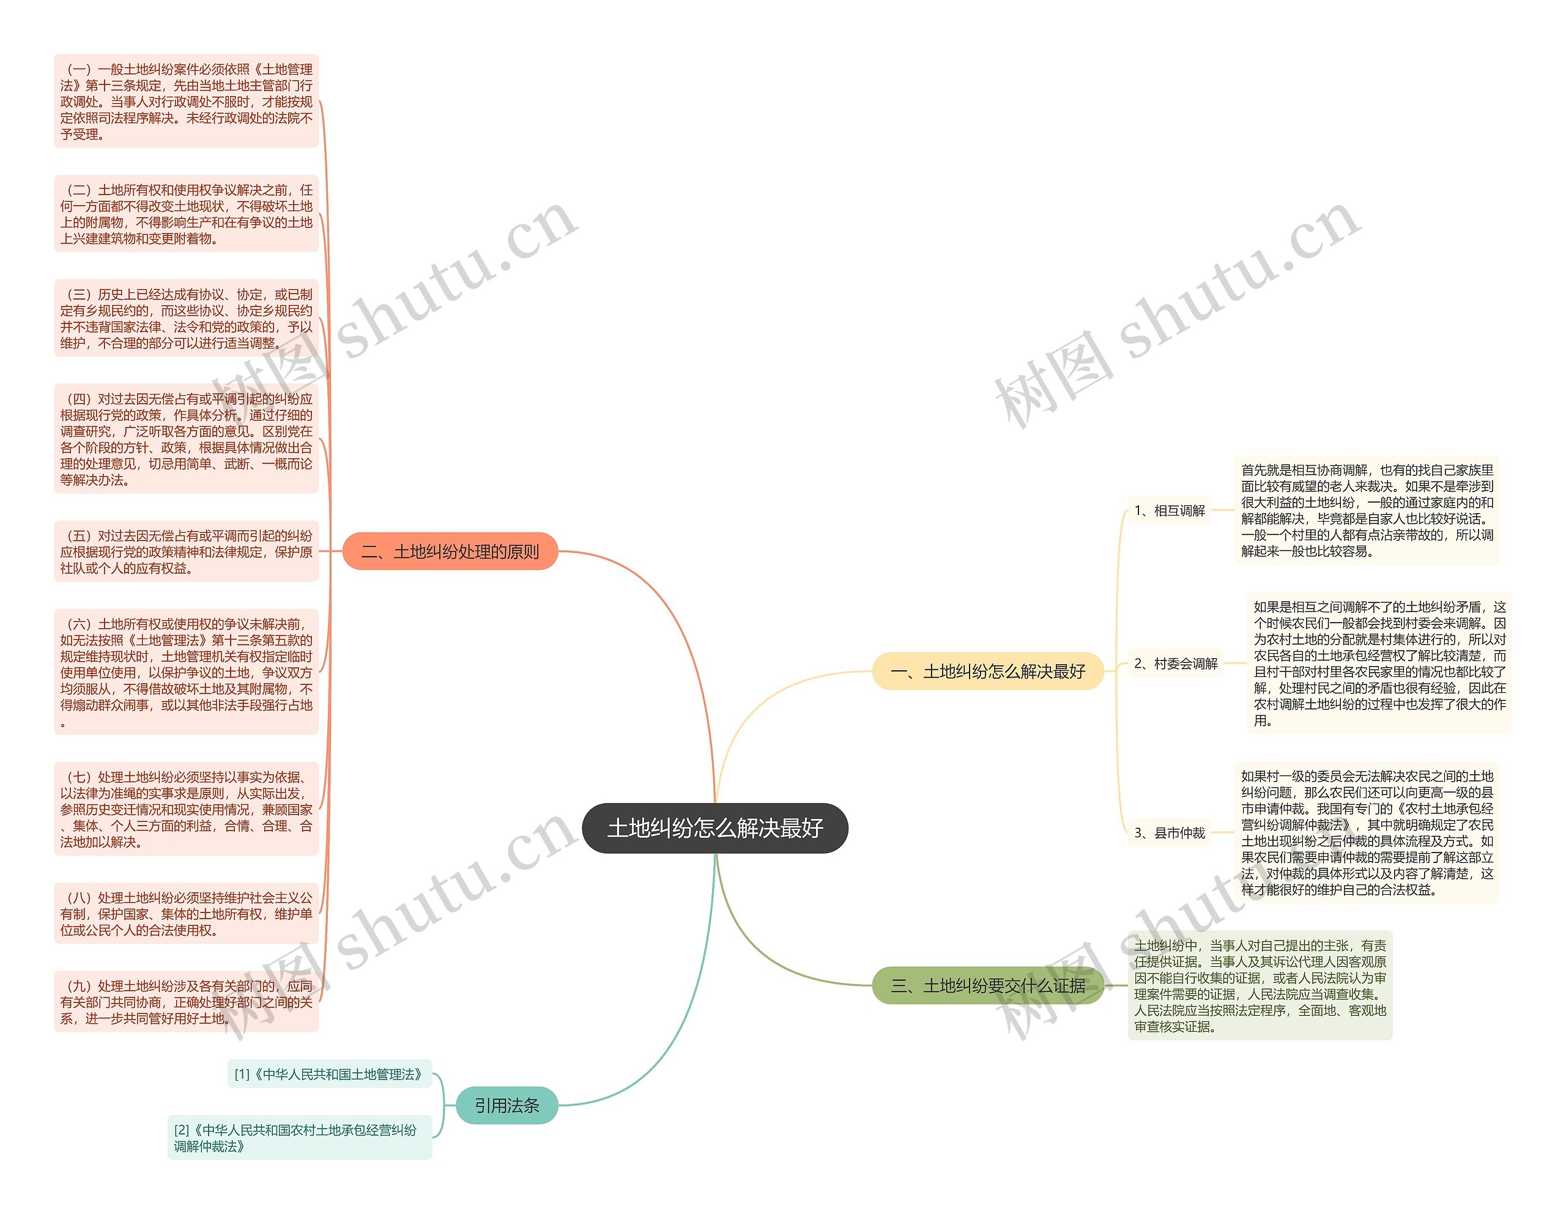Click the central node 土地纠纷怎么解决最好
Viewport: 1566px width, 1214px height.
click(715, 827)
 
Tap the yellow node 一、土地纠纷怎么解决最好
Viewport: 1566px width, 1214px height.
click(987, 671)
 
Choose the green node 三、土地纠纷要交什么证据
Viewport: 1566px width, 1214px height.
click(987, 985)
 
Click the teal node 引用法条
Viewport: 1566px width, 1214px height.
click(507, 1105)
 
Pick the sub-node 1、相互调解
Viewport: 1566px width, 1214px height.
click(1169, 510)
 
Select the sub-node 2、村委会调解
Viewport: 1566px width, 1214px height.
click(1175, 664)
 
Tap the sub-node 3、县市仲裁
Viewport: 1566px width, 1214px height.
click(1169, 832)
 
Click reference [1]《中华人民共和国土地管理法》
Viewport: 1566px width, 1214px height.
click(329, 1073)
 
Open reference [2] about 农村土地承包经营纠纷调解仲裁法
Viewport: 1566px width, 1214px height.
click(299, 1138)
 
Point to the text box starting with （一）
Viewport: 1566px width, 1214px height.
click(186, 101)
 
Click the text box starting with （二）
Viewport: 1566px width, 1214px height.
click(186, 213)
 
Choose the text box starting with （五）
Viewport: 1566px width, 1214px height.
click(186, 552)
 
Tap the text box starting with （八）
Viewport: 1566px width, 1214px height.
click(186, 914)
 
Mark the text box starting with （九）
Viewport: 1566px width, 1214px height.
click(186, 1002)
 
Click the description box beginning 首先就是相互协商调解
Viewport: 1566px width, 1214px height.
click(1366, 510)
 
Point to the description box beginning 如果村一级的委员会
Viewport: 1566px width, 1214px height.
click(1366, 832)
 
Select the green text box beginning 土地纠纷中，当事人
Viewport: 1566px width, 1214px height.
click(1259, 985)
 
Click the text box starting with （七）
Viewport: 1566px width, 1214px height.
click(186, 809)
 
